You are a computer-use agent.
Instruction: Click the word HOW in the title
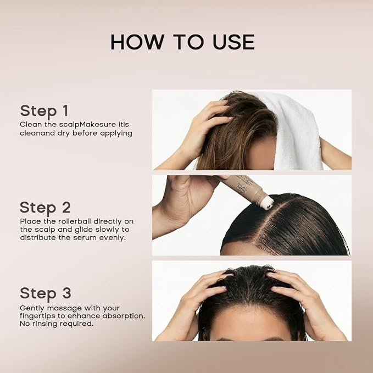tap(137, 42)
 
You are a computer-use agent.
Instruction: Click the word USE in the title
tap(233, 42)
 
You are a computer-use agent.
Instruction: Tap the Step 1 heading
tap(44, 111)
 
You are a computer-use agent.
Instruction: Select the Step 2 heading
tap(45, 208)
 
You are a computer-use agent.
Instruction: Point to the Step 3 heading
tap(46, 293)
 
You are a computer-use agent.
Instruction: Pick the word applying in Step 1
tap(116, 133)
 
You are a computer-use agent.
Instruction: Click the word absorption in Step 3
tap(124, 316)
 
